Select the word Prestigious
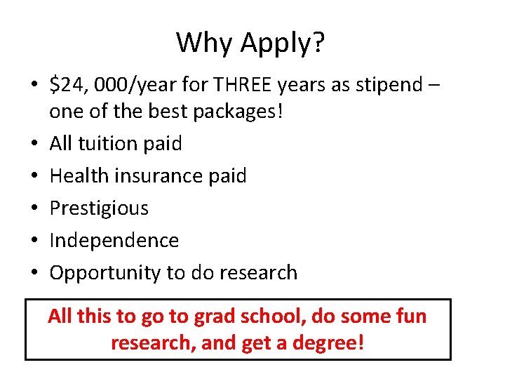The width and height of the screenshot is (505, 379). [x=100, y=208]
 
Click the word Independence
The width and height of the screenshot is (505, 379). [x=114, y=240]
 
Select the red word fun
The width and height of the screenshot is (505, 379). [x=407, y=317]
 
